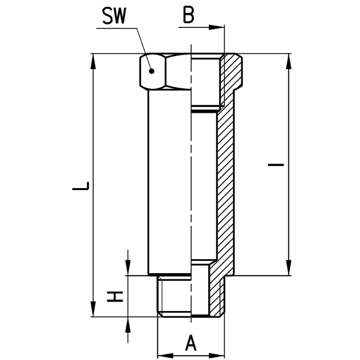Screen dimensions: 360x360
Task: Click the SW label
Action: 114,16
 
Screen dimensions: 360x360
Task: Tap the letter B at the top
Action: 189,15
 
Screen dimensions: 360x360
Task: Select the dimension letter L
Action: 81,186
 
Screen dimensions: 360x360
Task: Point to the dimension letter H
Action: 115,297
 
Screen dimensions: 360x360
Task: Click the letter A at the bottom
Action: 191,343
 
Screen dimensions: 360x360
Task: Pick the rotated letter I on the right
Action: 276,165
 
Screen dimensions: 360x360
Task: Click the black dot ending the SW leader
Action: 151,71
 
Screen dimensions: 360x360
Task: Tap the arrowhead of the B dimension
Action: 216,27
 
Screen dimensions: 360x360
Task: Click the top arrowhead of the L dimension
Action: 93,61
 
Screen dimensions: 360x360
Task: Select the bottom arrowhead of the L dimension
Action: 93,309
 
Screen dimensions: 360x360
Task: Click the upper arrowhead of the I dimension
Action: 289,61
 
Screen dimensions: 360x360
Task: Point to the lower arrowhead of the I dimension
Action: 289,268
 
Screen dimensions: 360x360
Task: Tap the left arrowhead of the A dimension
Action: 165,355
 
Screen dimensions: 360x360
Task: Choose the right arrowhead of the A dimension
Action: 216,355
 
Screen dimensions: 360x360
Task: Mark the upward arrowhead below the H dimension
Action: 128,324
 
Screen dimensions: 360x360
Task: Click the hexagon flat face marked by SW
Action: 153,71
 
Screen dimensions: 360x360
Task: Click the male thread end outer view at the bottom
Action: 174,297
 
